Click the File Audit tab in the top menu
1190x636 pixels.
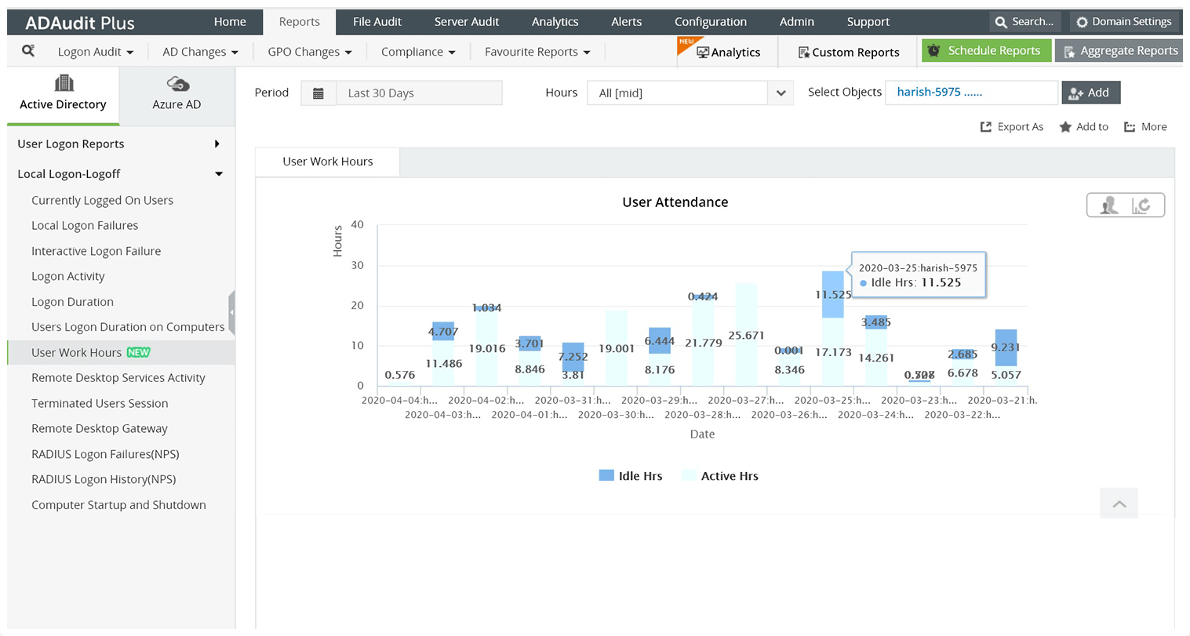coord(377,22)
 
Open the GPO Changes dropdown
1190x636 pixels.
coord(309,52)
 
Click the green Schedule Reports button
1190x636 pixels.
coord(986,51)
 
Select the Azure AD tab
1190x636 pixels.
coord(176,94)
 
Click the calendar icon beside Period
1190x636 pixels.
coord(318,93)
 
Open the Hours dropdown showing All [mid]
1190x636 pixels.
coord(780,93)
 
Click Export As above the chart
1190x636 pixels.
coord(1012,127)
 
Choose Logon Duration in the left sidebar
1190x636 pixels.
coord(72,302)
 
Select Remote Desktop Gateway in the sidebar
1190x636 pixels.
coord(100,429)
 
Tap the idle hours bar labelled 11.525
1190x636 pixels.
coord(832,295)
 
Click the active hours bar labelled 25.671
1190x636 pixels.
coord(746,334)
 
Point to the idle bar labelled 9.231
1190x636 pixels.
coord(1006,347)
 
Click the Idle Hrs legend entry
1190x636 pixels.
coord(631,476)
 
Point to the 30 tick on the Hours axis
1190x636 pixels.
coord(358,265)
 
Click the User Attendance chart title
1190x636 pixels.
coord(675,202)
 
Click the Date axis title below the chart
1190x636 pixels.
coord(702,434)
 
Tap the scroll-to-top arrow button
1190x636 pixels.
coord(1119,503)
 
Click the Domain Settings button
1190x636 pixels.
coord(1124,22)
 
